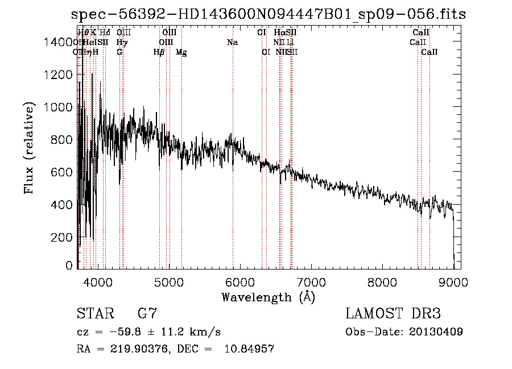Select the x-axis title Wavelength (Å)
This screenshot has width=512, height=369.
pos(268,297)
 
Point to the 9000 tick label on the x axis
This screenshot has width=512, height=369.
pos(453,281)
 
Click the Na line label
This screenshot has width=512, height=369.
pos(232,43)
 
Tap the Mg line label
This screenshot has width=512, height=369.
pos(181,52)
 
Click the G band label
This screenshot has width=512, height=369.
pos(119,52)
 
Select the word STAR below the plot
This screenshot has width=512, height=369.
pos(94,314)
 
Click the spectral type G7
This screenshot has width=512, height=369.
pos(147,314)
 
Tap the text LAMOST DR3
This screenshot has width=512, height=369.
pos(393,314)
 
